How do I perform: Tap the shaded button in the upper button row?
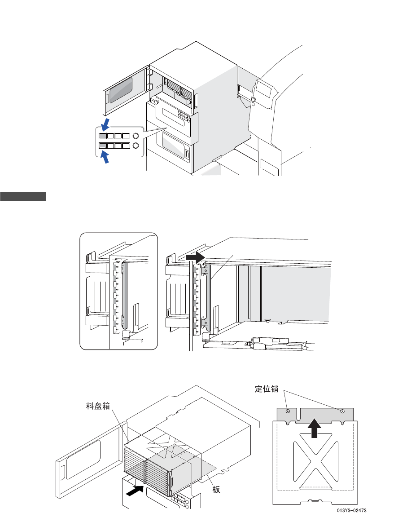click(x=103, y=136)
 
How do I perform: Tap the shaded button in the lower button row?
click(x=103, y=146)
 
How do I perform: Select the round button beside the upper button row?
click(x=136, y=136)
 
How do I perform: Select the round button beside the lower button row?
click(x=136, y=146)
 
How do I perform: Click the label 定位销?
click(x=268, y=389)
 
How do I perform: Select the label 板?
click(x=216, y=489)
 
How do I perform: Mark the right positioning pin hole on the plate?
click(x=342, y=411)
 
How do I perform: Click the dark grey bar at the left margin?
click(x=23, y=196)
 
